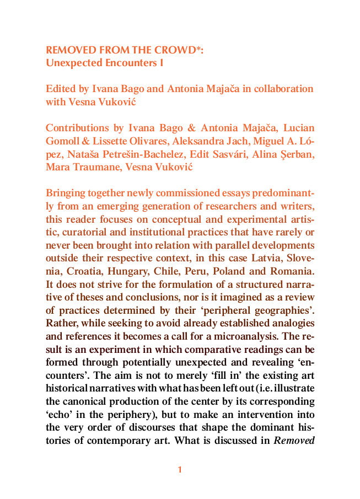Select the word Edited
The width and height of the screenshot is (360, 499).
(x=61, y=89)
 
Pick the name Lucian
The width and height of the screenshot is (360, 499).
(x=298, y=128)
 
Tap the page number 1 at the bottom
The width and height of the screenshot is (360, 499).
(x=180, y=470)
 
